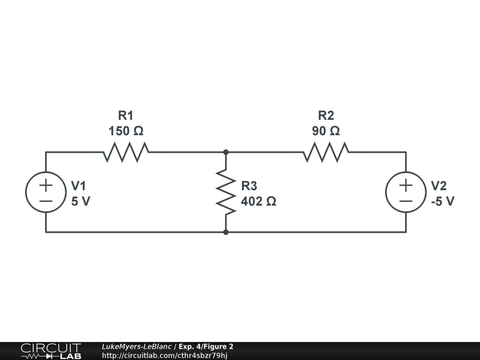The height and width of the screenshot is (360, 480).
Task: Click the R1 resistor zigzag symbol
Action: [x=126, y=152]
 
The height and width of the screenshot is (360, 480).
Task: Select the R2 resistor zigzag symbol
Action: [x=326, y=152]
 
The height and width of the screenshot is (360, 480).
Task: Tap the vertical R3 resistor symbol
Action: [x=225, y=192]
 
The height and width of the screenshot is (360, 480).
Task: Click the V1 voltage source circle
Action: [x=45, y=192]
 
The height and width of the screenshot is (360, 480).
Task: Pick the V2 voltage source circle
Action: [x=405, y=192]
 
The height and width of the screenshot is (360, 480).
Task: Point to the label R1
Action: [x=126, y=115]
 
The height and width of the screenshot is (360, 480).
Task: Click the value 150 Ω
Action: [x=126, y=131]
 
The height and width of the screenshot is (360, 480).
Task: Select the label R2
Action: [x=326, y=115]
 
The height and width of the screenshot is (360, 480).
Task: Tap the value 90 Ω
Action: [x=326, y=131]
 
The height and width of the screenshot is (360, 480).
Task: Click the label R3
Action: [x=249, y=186]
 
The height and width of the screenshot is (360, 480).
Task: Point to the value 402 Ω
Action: [x=258, y=202]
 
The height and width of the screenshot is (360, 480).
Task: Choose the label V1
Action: [x=79, y=186]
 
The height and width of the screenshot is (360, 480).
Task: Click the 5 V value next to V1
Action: [x=81, y=202]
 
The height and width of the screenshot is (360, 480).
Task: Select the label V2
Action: [x=439, y=186]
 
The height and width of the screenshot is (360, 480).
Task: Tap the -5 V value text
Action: [x=442, y=202]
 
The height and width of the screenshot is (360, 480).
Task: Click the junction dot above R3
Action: [x=225, y=152]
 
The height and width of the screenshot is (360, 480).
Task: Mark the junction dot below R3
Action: [x=225, y=232]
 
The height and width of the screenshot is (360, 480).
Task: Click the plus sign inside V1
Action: [x=45, y=185]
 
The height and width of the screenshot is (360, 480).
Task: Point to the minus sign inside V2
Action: [x=405, y=201]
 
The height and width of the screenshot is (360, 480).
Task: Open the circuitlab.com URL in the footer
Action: [x=165, y=355]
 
